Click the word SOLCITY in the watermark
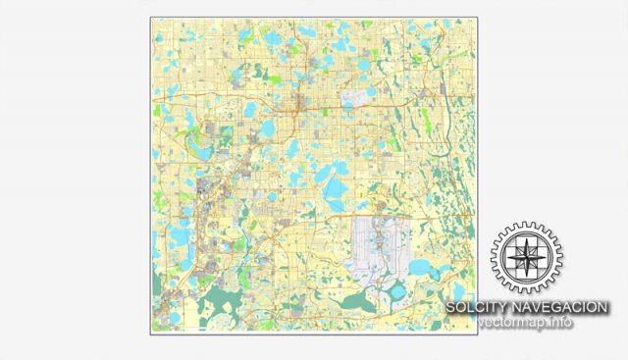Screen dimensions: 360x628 click(x=475, y=308)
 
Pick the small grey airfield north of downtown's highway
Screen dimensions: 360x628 click(x=360, y=99)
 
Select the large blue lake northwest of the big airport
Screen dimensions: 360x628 click(x=335, y=188)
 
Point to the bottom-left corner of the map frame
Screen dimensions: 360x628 click(x=151, y=334)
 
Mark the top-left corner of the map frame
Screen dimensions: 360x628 click(x=151, y=17)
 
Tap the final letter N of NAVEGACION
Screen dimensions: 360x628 click(x=602, y=308)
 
